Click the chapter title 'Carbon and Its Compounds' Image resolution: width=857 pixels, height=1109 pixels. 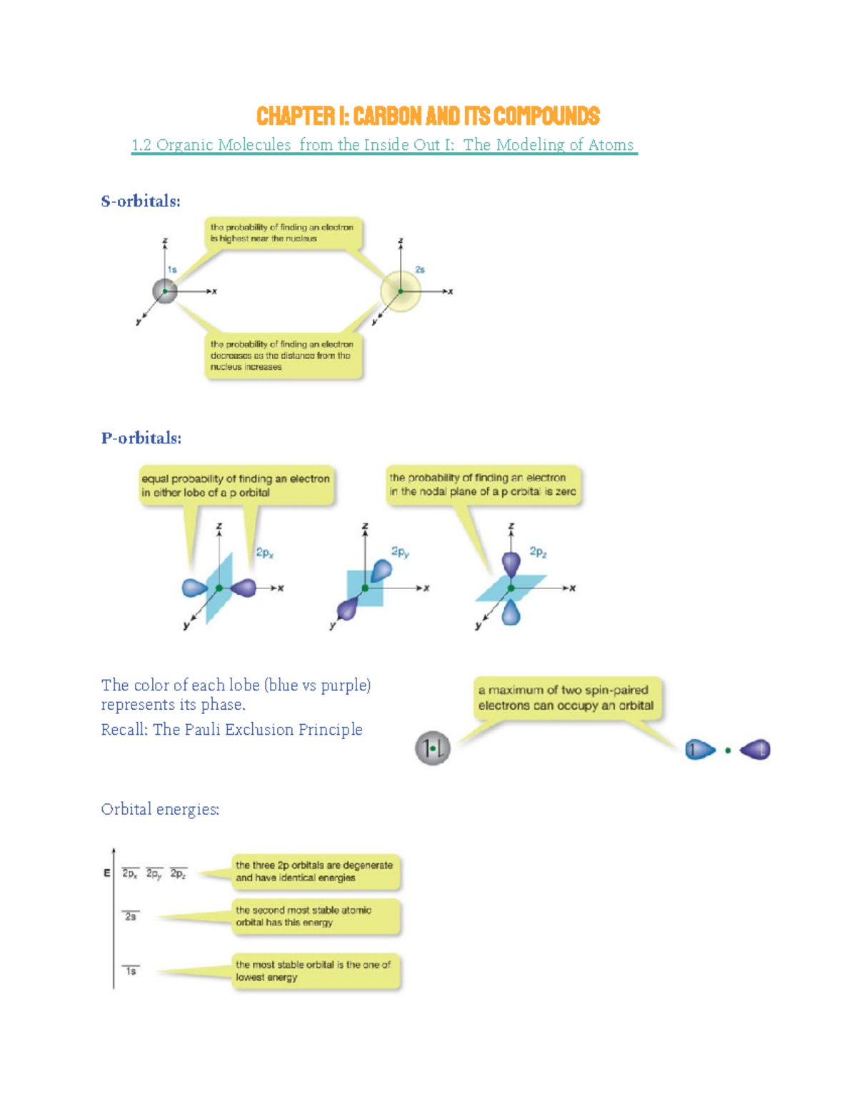click(428, 116)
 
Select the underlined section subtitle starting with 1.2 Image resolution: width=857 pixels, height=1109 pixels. click(384, 145)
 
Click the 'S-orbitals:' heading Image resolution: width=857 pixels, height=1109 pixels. click(141, 201)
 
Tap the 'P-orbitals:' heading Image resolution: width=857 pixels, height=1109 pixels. click(141, 438)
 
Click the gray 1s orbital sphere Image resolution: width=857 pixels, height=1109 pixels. click(165, 291)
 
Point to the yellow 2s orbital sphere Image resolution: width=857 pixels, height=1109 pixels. click(400, 291)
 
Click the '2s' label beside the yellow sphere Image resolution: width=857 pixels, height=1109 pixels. click(420, 270)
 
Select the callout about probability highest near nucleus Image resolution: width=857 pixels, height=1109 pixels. click(283, 233)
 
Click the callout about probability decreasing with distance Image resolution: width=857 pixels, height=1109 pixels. click(283, 356)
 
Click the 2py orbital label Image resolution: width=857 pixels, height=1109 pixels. click(400, 551)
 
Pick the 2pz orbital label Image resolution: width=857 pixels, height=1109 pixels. click(538, 551)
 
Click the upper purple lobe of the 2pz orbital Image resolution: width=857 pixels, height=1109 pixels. click(511, 563)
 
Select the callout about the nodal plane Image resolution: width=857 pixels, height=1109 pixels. click(483, 485)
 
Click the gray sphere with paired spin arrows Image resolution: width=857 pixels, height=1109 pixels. click(433, 748)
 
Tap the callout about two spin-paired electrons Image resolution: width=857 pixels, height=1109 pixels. click(566, 698)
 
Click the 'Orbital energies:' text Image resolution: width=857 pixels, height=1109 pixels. click(160, 809)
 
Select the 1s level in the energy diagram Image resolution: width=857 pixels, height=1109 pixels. click(131, 970)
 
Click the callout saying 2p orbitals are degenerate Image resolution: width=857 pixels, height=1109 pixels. click(315, 871)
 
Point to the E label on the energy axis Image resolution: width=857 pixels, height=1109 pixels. click(107, 873)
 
